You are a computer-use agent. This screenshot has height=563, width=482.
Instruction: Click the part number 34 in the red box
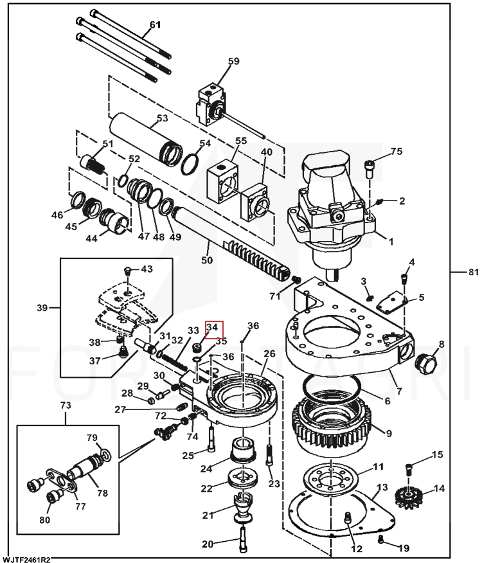click(213, 328)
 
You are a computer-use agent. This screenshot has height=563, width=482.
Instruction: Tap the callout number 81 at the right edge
click(473, 273)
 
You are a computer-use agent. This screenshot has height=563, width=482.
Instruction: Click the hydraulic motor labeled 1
click(334, 206)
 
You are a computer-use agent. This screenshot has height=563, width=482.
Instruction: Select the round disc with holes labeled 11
click(333, 479)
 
